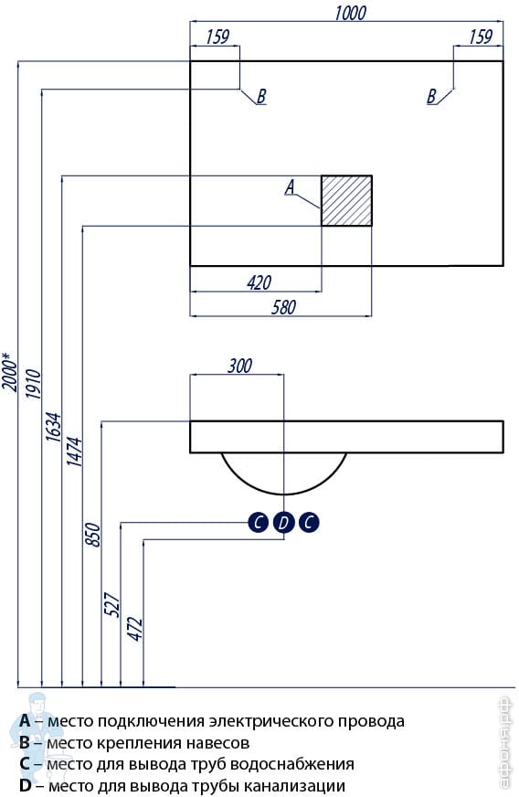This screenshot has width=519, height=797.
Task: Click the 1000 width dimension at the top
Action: coord(350,13)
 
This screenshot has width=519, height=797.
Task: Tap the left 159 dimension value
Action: coord(218,37)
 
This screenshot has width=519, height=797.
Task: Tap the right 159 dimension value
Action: coord(481,37)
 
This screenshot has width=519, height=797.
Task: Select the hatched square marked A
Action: coord(346,201)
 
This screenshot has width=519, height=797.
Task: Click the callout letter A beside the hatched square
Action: coord(291,187)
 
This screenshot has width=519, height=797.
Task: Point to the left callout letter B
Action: coord(261,96)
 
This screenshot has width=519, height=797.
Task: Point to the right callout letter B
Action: coord(431,96)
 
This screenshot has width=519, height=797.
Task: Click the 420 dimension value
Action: coord(259,282)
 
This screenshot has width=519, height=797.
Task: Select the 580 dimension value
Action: coord(283,307)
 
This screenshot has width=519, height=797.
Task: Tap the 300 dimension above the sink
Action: coord(239,366)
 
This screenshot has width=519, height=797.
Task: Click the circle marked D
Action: coord(283,522)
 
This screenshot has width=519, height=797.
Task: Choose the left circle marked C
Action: coord(259,522)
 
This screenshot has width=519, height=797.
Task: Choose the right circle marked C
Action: coord(309,522)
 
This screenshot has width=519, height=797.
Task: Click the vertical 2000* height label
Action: coord(10,372)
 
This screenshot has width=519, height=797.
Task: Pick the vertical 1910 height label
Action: coord(33,385)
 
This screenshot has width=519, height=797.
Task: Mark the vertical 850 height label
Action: coord(93,535)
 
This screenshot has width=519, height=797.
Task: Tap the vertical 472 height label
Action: coord(135,629)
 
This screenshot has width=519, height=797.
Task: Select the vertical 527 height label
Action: coord(112,604)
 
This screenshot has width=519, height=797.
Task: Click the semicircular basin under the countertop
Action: coord(283,494)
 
